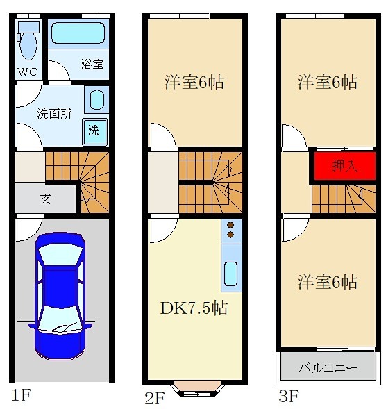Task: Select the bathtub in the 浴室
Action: [77, 33]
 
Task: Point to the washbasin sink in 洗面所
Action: [96, 100]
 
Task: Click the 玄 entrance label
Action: [44, 199]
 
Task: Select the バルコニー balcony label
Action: [328, 367]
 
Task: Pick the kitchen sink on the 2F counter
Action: [231, 276]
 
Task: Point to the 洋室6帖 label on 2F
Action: [194, 82]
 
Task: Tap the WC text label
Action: [26, 71]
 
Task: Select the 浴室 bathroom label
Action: [92, 64]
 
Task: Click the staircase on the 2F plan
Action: [210, 182]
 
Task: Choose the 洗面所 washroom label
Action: [53, 115]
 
